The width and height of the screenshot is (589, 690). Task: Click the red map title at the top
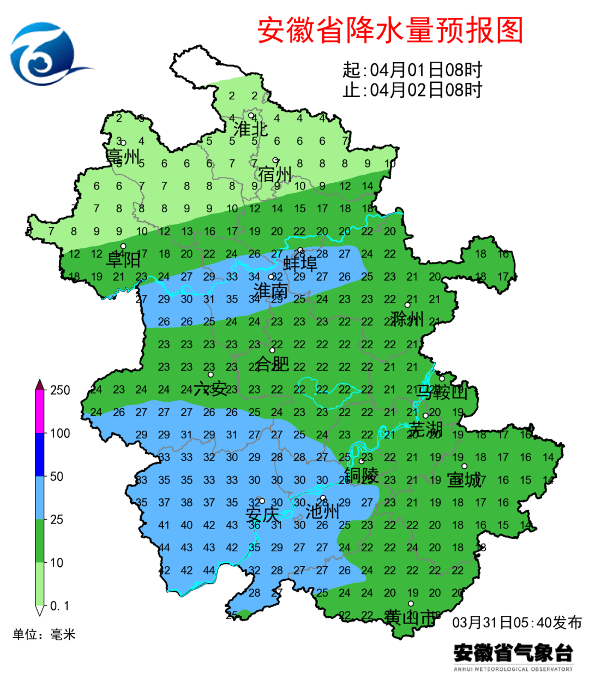click(x=390, y=31)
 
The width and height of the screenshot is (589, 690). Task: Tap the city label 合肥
click(x=272, y=363)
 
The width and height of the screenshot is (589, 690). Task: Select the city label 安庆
click(x=262, y=514)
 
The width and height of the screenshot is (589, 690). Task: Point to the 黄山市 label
click(x=410, y=617)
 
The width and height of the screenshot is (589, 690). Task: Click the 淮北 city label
click(x=250, y=129)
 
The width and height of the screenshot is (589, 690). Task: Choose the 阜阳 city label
click(x=123, y=259)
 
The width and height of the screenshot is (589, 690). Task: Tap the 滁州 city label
click(x=407, y=318)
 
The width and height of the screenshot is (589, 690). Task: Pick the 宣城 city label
click(x=464, y=480)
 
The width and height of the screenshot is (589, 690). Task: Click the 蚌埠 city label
click(x=300, y=264)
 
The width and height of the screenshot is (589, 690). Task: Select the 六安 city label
click(x=210, y=389)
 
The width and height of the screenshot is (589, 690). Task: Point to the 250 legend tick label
click(x=60, y=390)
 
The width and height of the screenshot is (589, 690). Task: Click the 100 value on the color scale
click(x=60, y=433)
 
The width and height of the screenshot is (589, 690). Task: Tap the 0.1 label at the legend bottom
click(x=59, y=606)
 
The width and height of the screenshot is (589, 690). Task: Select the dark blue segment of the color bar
click(x=40, y=455)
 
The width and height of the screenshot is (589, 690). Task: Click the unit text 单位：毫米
click(x=44, y=634)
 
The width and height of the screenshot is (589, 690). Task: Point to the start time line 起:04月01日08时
click(x=412, y=70)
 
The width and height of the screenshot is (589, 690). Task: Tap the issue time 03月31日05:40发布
click(x=517, y=622)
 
